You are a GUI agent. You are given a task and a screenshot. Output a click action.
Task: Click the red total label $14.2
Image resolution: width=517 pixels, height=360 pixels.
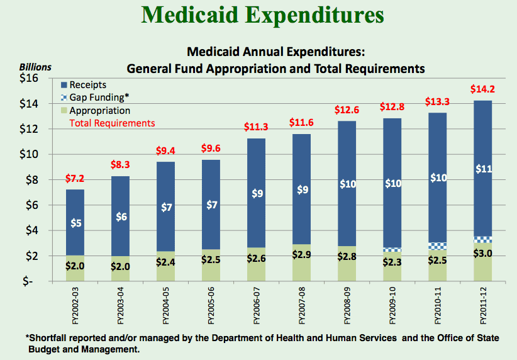click(482, 89)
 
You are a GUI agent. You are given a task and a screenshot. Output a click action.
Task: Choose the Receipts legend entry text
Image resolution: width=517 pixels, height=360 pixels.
click(88, 85)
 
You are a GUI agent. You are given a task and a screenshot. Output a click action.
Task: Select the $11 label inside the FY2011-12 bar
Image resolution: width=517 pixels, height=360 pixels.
click(482, 168)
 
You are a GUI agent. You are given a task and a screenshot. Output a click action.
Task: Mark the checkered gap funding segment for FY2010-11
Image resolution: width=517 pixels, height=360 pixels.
click(437, 245)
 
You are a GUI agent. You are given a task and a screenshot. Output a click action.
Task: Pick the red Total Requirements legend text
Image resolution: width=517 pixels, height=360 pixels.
click(112, 123)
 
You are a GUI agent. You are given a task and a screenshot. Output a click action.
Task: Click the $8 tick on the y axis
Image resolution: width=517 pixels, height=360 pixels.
click(31, 180)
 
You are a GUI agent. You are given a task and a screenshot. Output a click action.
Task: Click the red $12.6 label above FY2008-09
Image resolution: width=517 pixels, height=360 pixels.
click(347, 110)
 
